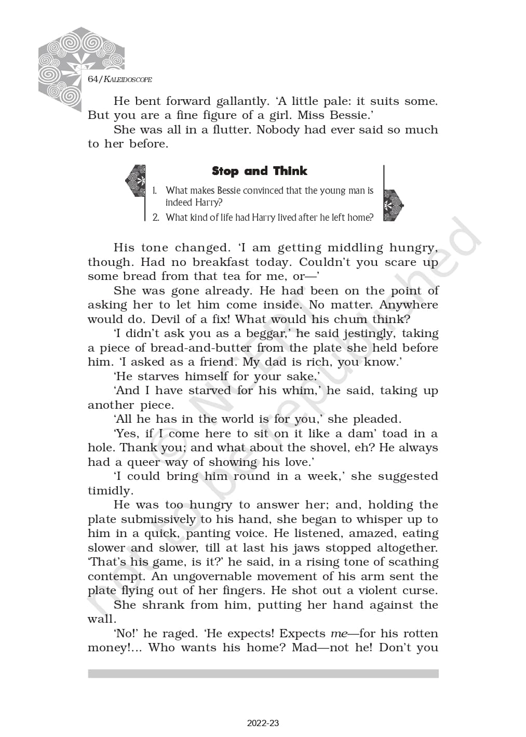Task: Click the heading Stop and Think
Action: (x=259, y=171)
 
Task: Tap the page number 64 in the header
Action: (x=93, y=79)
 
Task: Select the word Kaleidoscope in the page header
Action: (x=128, y=79)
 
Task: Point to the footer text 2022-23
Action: (x=263, y=723)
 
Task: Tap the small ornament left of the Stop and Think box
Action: (x=136, y=181)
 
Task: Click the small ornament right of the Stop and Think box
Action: (x=393, y=205)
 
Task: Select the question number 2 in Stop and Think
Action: (x=156, y=218)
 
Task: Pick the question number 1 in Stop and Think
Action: (x=155, y=191)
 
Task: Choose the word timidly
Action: (x=110, y=491)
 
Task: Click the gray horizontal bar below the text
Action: (x=263, y=673)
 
